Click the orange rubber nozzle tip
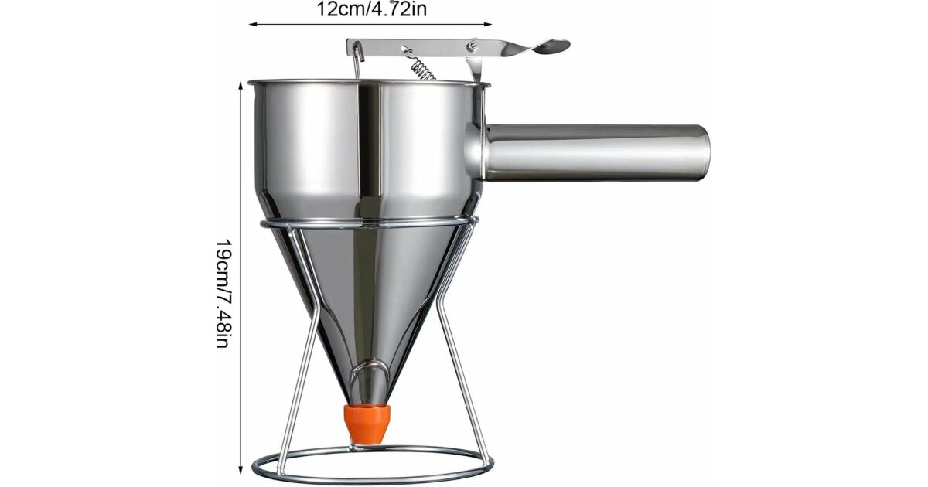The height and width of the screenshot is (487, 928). [367, 424]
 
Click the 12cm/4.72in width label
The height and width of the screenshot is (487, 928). [372, 9]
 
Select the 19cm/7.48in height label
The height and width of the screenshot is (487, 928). [223, 293]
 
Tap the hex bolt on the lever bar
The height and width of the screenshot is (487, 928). [472, 45]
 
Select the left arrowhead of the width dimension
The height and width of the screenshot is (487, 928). [253, 25]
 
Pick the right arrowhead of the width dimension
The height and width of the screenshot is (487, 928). [488, 25]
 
